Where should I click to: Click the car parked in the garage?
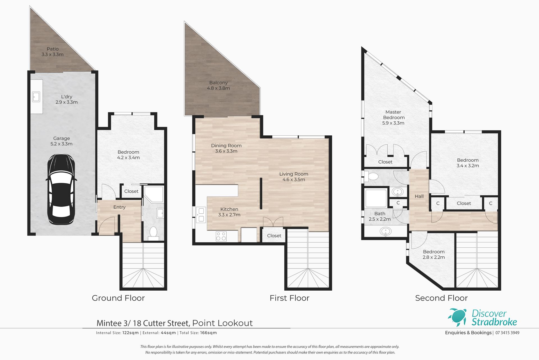click(61, 189)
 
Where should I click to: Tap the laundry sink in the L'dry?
click(36, 97)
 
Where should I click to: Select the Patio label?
click(52, 49)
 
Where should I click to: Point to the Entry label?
click(119, 207)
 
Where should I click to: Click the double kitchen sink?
click(201, 215)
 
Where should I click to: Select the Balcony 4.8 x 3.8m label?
click(218, 85)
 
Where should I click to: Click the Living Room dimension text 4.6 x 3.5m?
click(294, 179)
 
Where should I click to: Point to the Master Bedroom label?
click(394, 115)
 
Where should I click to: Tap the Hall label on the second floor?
click(419, 196)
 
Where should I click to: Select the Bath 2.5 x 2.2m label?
click(380, 216)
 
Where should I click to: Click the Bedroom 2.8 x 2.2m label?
click(434, 254)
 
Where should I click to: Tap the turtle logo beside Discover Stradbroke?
click(458, 317)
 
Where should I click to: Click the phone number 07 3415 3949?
click(507, 333)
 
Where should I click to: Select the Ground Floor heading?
click(118, 298)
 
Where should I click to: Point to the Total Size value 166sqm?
click(208, 333)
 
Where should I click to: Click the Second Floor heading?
click(441, 298)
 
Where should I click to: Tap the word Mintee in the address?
click(109, 323)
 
